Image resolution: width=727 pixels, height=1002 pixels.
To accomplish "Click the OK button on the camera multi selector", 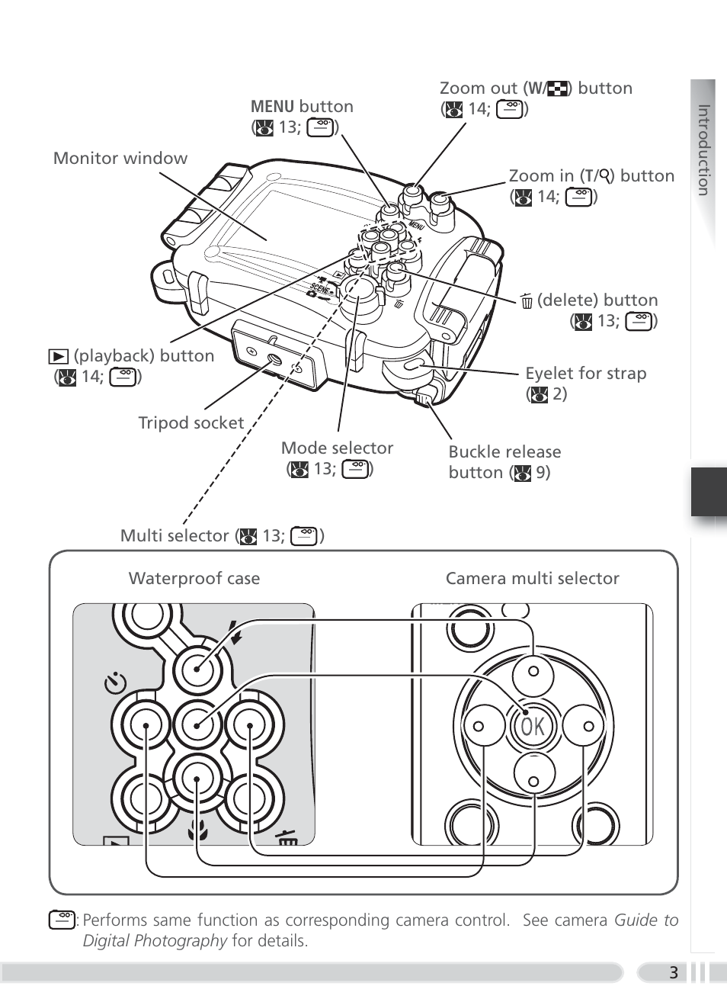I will click(533, 727).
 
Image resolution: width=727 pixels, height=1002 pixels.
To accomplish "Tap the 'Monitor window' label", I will click(120, 159).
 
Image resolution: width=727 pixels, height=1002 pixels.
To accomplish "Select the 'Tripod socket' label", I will click(191, 423).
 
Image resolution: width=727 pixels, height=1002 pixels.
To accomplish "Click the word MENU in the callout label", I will click(272, 107).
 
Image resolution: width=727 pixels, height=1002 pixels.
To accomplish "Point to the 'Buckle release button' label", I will click(504, 462).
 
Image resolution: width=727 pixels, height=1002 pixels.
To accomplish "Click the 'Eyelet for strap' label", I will click(585, 374).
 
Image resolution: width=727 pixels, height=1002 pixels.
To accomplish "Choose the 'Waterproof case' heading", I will click(194, 579).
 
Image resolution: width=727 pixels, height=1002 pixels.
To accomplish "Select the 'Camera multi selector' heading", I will click(532, 579).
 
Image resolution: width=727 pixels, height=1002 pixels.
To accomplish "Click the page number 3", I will click(673, 972).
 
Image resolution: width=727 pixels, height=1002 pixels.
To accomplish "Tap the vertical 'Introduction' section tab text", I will click(703, 150).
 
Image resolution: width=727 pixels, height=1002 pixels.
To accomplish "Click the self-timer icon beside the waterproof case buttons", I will click(115, 683).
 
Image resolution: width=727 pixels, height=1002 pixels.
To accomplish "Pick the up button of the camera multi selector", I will click(533, 672).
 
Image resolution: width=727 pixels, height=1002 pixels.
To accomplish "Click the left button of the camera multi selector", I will click(479, 727).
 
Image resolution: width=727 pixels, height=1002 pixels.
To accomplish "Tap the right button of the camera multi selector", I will click(588, 727).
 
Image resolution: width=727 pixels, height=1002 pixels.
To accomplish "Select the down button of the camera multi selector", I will click(533, 781).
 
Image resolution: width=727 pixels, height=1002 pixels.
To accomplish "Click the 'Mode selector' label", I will click(337, 448).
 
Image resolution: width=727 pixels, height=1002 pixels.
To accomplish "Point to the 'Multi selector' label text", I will click(175, 536).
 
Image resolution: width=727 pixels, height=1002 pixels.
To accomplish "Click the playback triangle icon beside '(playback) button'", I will click(58, 356).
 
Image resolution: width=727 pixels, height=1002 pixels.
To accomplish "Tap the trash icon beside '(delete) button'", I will click(527, 302).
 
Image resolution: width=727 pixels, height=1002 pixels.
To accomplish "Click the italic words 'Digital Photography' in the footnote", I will click(155, 941).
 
